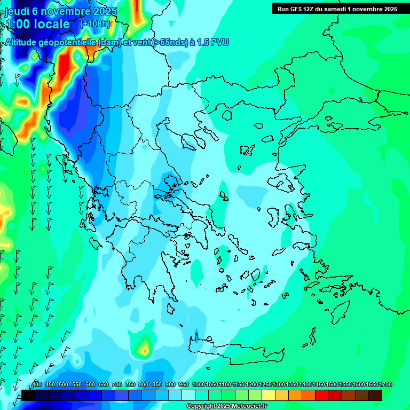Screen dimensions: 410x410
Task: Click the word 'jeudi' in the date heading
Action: [18, 11]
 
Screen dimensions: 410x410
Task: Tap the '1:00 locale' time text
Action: [37, 24]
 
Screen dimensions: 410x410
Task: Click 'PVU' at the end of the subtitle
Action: [219, 42]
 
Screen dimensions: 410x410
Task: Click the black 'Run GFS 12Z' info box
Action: [337, 9]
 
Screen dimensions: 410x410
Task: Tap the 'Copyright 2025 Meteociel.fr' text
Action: [226, 406]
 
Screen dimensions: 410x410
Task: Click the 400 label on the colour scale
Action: [37, 384]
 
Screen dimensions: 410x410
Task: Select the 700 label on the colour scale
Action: [117, 384]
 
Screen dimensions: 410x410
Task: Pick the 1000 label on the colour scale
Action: [198, 384]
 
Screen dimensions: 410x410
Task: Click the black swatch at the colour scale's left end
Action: [28, 395]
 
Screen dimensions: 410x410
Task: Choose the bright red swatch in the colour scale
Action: [322, 395]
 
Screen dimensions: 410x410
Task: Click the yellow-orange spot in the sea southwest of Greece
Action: [144, 348]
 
